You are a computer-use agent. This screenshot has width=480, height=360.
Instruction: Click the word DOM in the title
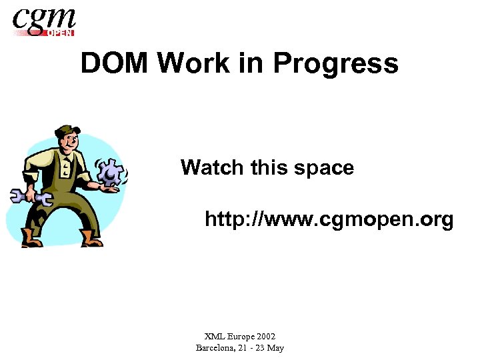tap(115, 64)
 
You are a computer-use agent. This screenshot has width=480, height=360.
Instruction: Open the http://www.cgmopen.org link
tap(329, 219)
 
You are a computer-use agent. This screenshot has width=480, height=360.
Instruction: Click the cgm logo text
tap(44, 19)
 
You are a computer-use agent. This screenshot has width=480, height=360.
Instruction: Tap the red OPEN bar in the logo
tap(59, 32)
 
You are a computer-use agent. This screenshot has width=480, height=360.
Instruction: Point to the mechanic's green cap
tap(67, 131)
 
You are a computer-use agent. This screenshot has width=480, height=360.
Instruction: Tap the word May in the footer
tap(275, 347)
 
